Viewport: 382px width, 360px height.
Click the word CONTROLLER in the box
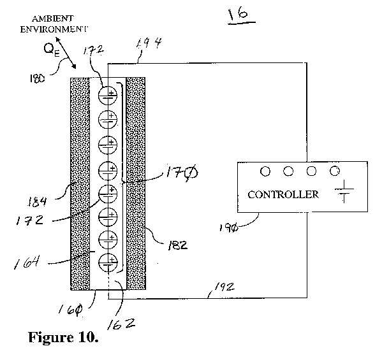(283, 194)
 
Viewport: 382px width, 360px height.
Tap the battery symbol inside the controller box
(344, 191)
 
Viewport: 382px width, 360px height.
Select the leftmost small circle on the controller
(265, 171)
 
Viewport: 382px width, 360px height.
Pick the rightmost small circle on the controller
(335, 171)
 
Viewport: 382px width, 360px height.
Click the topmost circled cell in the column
(108, 96)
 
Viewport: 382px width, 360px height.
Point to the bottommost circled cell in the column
(108, 263)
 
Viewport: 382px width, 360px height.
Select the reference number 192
(224, 287)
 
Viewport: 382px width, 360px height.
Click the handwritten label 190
(228, 228)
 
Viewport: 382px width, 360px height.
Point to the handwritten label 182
(177, 245)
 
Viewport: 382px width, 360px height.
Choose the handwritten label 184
(37, 202)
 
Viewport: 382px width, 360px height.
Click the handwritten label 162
(121, 324)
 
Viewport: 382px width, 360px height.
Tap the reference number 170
(182, 173)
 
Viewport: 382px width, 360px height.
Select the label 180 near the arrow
(37, 78)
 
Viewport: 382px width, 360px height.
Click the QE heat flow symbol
(52, 50)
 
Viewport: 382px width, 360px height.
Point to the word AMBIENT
(52, 18)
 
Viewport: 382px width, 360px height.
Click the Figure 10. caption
(63, 337)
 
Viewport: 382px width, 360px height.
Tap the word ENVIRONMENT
(54, 29)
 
